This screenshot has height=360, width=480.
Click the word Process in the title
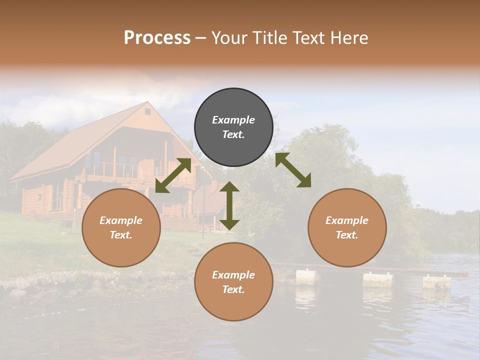coord(157,38)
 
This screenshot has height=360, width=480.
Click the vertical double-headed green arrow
coord(229,205)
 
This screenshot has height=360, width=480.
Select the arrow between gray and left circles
coord(173,175)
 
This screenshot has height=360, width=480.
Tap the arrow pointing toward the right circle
coord(293,170)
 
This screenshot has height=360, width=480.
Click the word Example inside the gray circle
coord(233,120)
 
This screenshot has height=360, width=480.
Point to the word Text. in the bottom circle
coord(233,289)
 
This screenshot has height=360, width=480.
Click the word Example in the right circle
coord(347,220)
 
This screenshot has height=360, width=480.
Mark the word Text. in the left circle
coord(121,235)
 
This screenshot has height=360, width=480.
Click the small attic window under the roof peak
coord(147,112)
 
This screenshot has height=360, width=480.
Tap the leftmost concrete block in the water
coord(307,276)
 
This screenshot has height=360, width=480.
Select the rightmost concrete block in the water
coord(436,282)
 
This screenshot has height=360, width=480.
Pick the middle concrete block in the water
coord(377,279)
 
